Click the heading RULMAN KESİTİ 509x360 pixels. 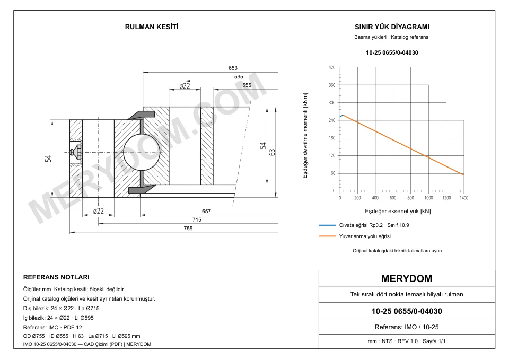pos(152,27)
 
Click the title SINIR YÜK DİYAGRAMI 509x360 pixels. pos(392,27)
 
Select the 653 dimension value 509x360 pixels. pos(233,68)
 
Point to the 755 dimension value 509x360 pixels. pos(188,229)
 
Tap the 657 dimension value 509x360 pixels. pos(206,212)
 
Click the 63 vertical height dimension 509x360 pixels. pos(272,152)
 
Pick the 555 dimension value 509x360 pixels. pos(247,85)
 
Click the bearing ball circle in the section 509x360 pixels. pos(142,152)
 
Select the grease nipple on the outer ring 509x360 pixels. pos(76,152)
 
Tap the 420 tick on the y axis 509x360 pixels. pos(332,67)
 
